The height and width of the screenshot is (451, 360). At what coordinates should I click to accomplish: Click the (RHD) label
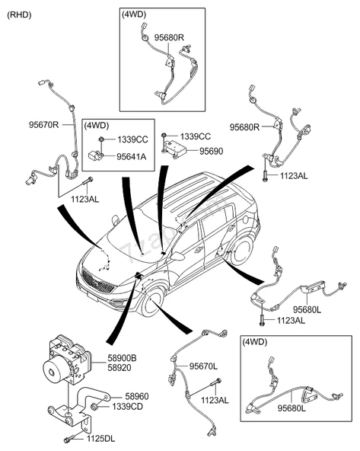[19, 15]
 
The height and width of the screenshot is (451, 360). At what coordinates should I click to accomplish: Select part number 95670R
[43, 125]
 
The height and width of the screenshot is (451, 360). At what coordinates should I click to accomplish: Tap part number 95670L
[203, 366]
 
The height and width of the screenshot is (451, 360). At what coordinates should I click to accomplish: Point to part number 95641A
[132, 157]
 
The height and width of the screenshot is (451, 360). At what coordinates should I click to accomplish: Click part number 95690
[211, 151]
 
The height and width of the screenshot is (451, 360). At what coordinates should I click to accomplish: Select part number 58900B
[122, 358]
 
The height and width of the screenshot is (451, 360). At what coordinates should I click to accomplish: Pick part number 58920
[119, 368]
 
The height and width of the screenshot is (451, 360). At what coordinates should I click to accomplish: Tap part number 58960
[137, 396]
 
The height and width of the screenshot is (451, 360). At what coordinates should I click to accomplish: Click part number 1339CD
[127, 407]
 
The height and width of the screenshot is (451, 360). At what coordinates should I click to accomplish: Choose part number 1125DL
[101, 439]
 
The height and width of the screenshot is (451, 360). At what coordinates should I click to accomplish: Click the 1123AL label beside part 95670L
[215, 400]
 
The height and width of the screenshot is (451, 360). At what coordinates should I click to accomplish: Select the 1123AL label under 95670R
[85, 199]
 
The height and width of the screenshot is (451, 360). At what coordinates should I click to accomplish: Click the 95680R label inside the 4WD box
[169, 37]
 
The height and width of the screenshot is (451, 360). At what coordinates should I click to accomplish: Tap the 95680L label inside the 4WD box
[292, 408]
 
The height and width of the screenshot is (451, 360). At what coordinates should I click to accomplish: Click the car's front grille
[98, 281]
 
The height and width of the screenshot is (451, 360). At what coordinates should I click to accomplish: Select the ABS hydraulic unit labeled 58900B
[67, 359]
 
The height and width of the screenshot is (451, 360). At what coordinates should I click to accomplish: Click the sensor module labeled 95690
[174, 147]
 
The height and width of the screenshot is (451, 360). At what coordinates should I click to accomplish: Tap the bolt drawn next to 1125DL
[71, 440]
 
